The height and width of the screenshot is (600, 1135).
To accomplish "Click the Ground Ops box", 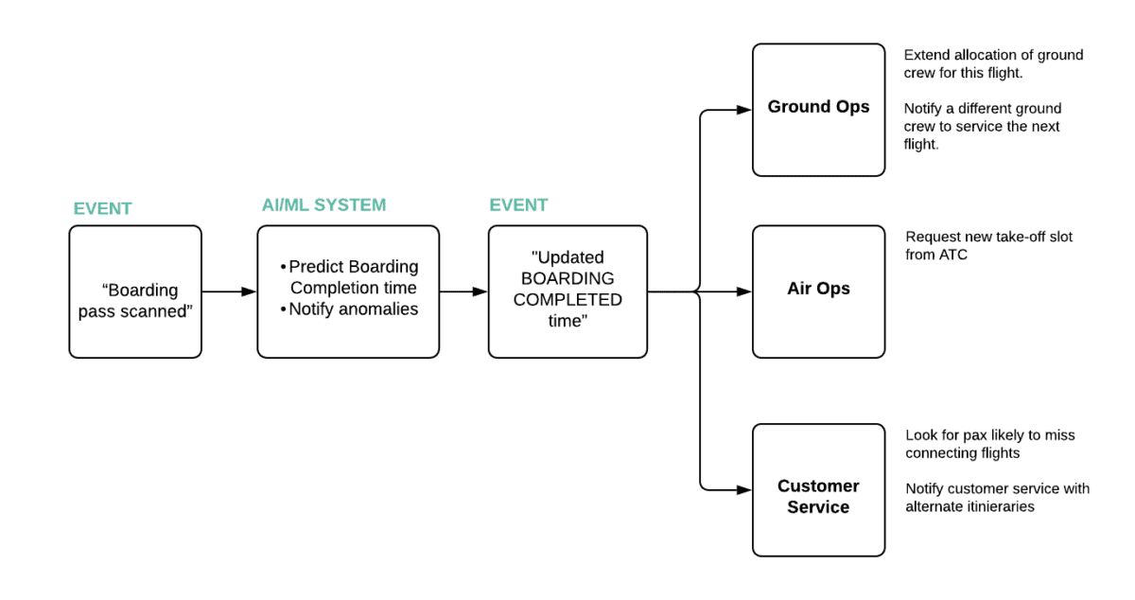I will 818,110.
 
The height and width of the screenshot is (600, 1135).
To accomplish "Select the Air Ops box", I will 818,291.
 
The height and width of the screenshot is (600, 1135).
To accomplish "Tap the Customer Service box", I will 818,490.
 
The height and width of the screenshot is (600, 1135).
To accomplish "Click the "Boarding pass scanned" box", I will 135,291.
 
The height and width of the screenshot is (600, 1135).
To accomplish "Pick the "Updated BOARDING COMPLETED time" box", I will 567,291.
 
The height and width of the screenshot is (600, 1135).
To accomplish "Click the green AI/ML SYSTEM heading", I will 323,205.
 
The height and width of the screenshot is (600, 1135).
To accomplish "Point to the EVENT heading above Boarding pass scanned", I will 102,209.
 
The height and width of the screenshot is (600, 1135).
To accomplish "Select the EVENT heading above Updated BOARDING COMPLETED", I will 518,205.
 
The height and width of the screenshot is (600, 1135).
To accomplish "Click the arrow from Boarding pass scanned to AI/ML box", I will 229,291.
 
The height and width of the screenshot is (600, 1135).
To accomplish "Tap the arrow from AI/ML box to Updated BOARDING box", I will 463,291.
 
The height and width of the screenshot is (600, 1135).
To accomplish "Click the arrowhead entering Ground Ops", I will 743,111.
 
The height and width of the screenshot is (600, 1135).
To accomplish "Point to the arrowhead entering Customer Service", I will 743,490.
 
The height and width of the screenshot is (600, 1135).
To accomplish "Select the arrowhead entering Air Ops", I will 743,291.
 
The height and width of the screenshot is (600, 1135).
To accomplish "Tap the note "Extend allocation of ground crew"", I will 993,63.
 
